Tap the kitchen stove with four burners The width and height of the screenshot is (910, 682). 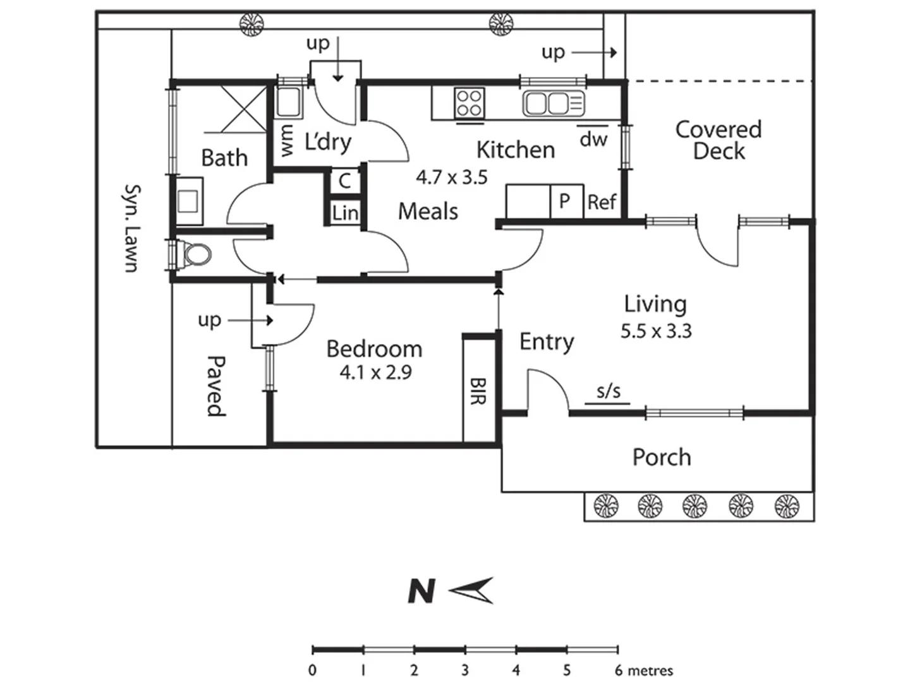(x=469, y=103)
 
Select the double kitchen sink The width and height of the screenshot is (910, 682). (x=554, y=103)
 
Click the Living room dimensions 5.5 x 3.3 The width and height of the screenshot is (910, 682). (x=656, y=332)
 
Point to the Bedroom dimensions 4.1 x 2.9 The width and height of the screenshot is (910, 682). (x=375, y=373)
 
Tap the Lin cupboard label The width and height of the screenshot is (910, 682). (x=345, y=213)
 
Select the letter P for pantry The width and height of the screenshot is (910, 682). (x=564, y=201)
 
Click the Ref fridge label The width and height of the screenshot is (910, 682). (x=602, y=202)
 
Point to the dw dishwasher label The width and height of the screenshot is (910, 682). (x=593, y=139)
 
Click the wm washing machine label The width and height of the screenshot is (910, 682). (x=287, y=141)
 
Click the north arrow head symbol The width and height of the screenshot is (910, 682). (x=471, y=590)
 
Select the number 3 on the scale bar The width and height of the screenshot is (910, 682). (x=464, y=669)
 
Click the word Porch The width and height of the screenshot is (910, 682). (x=662, y=457)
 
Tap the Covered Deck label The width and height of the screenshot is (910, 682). (x=719, y=140)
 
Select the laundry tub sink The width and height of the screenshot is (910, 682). (x=288, y=102)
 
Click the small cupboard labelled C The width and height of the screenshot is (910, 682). (x=344, y=181)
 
